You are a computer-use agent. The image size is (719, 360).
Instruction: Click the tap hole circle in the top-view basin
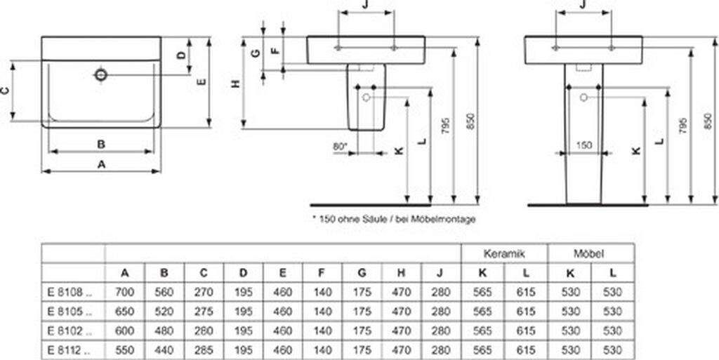pos(101,74)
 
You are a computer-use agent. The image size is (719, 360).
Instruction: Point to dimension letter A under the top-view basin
pos(102,164)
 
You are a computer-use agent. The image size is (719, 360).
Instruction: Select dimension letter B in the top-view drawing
pos(101,145)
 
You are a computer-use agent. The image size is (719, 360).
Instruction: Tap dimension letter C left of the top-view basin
pos(5,91)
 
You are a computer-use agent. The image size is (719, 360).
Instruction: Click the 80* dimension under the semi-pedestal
pos(340,147)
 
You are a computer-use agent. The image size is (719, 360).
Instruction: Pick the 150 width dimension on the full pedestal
pos(583,146)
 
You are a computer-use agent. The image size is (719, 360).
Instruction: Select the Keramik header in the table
pos(504,253)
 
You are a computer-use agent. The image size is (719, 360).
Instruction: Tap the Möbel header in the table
pos(589,253)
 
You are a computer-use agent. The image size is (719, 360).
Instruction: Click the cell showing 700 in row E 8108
pos(125,292)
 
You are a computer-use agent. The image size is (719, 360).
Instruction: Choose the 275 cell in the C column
pos(204,312)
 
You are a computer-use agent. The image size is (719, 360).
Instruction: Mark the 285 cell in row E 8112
pos(204,350)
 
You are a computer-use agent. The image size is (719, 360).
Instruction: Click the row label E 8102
pos(70,331)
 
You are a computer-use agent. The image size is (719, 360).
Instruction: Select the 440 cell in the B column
pos(164,350)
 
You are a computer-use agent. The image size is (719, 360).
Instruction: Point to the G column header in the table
pos(362,273)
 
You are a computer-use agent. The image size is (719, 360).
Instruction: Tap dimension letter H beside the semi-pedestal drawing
pos(235,84)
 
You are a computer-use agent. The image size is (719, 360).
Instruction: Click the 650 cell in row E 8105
pos(125,312)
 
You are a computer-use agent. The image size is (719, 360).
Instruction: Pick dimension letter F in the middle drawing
pos(275,51)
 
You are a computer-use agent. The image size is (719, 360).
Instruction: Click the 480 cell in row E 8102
pos(164,331)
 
